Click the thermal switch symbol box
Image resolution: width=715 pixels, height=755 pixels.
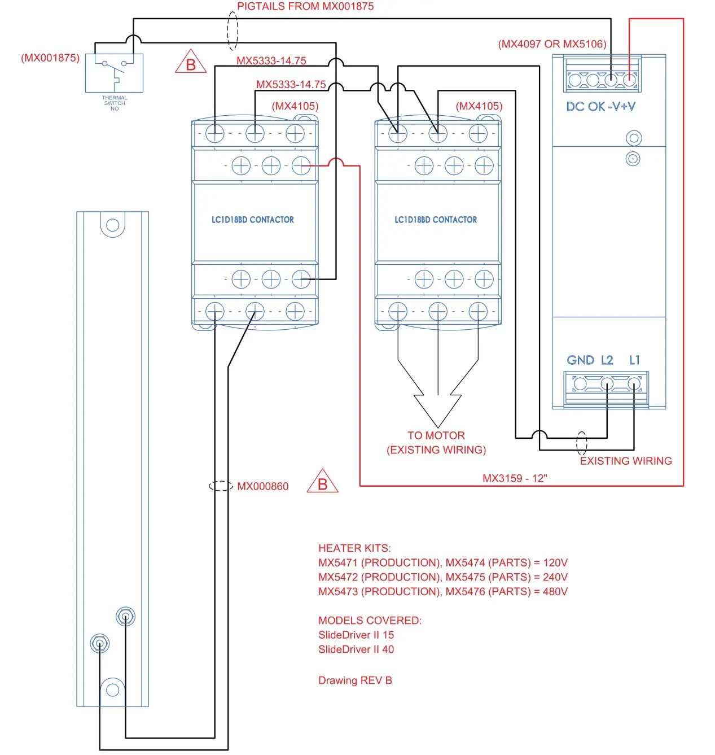(114, 73)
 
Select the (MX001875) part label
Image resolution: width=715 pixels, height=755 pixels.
(50, 58)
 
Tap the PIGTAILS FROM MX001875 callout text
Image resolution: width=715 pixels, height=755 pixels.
(305, 6)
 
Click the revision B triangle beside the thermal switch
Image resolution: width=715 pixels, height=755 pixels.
(191, 63)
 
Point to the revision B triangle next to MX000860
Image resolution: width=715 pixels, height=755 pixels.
(322, 482)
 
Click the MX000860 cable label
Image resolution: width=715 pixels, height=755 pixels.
(262, 486)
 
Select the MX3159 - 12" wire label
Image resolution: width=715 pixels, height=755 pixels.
(515, 478)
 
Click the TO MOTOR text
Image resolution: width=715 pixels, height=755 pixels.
(436, 435)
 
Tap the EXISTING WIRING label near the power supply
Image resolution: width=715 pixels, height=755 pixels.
(626, 461)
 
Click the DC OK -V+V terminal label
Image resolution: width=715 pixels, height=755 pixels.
(600, 107)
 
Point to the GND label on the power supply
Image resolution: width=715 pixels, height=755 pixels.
(580, 360)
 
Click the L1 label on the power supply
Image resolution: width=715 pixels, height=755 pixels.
(634, 360)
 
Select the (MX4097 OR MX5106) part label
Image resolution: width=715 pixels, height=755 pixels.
(552, 44)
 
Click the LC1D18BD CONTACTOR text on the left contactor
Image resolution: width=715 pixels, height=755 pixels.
(253, 220)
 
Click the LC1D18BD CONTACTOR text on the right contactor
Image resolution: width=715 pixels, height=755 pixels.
(436, 220)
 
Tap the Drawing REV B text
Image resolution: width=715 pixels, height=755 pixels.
(355, 680)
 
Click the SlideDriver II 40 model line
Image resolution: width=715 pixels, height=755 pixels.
(356, 649)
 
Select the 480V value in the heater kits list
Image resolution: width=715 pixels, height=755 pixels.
(555, 591)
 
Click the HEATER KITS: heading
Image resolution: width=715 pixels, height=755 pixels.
(354, 548)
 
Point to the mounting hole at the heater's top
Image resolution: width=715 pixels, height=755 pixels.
(113, 225)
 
